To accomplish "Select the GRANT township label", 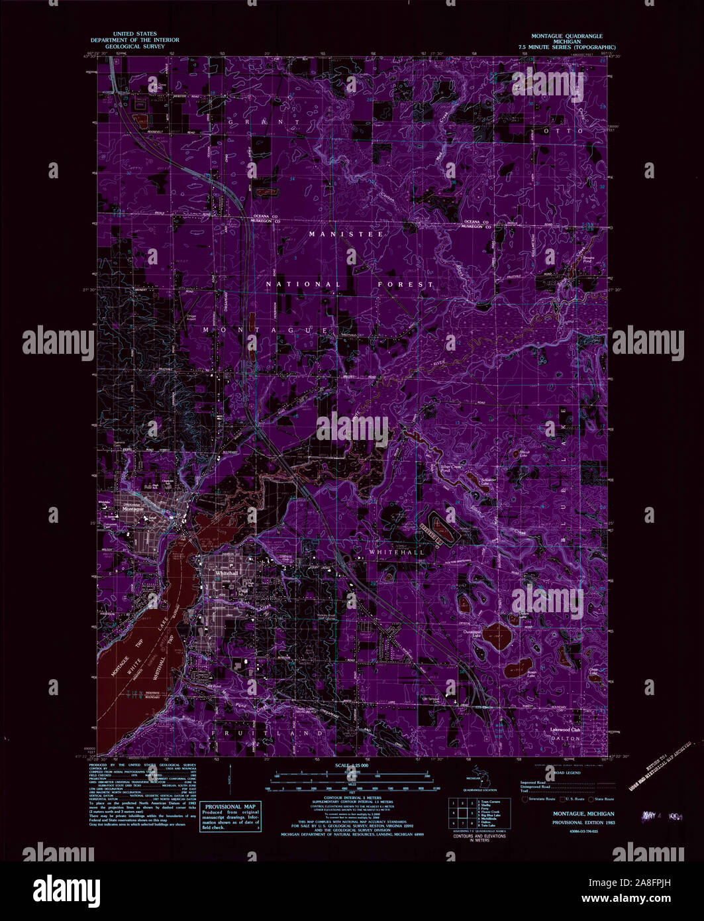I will pos(264,122).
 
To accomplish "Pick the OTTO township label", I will pos(571,131).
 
